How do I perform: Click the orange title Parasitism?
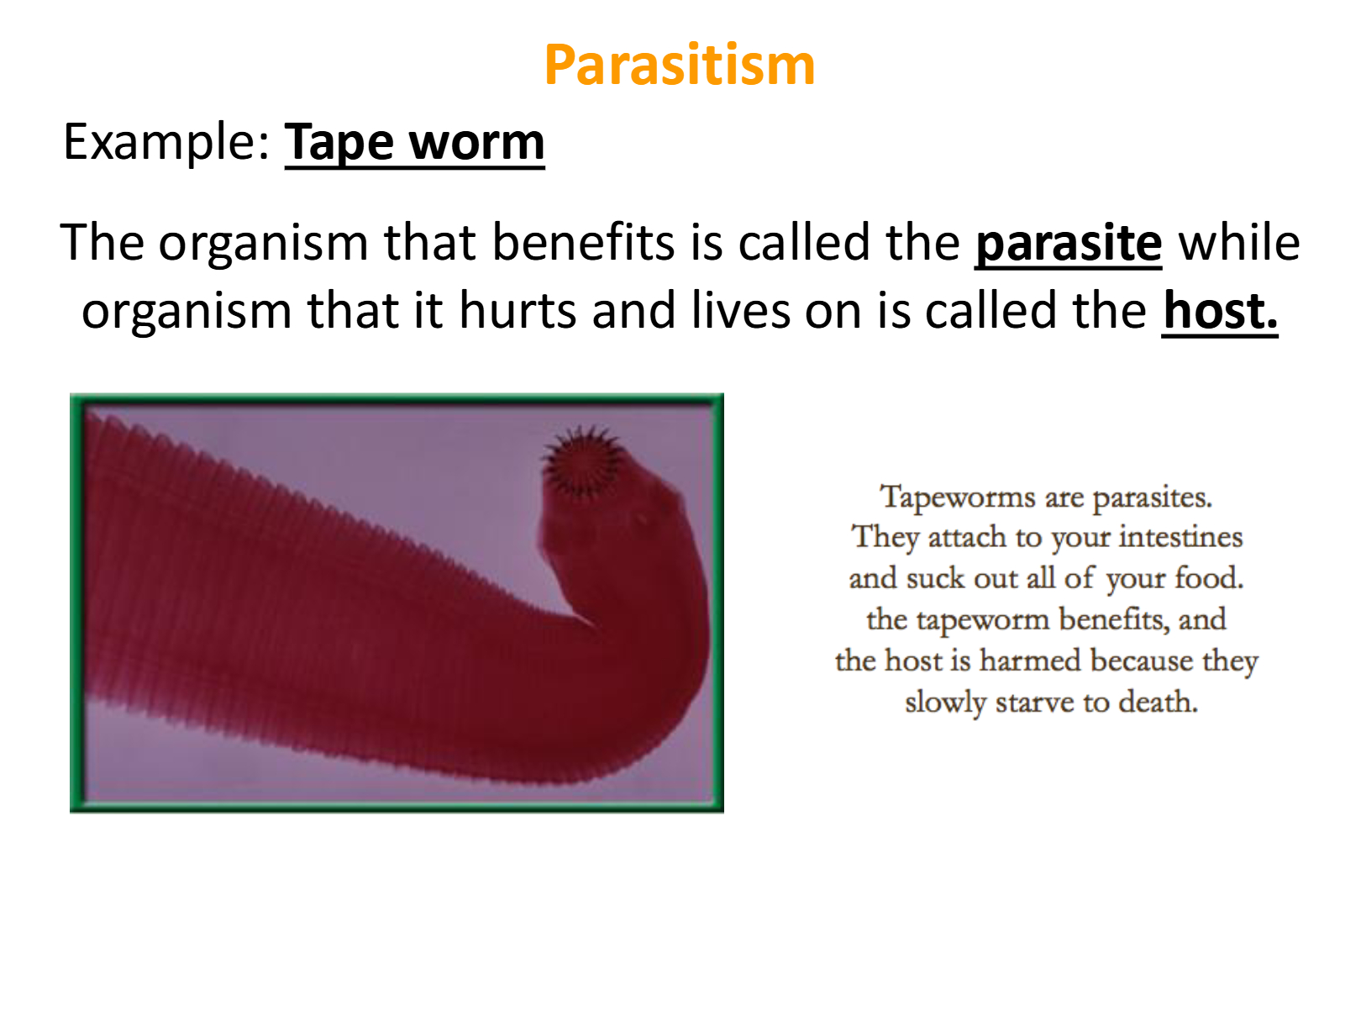[680, 65]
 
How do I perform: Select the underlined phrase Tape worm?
[414, 143]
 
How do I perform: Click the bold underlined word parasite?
[1069, 243]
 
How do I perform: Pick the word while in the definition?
[1239, 241]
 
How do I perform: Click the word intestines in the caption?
[1180, 536]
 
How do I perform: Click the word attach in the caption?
[967, 536]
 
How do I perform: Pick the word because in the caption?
[1142, 660]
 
